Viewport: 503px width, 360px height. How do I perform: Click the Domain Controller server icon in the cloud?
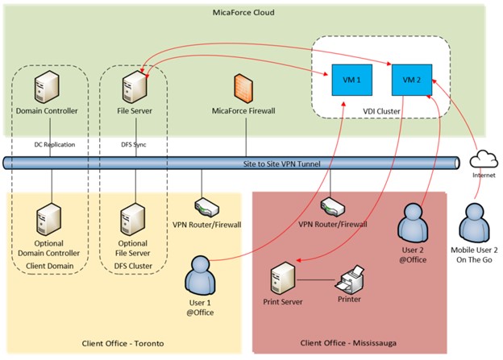pyautogui.click(x=50, y=86)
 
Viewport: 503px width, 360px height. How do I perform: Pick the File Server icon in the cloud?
pyautogui.click(x=131, y=86)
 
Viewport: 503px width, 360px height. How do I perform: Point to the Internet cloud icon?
pyautogui.click(x=484, y=158)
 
